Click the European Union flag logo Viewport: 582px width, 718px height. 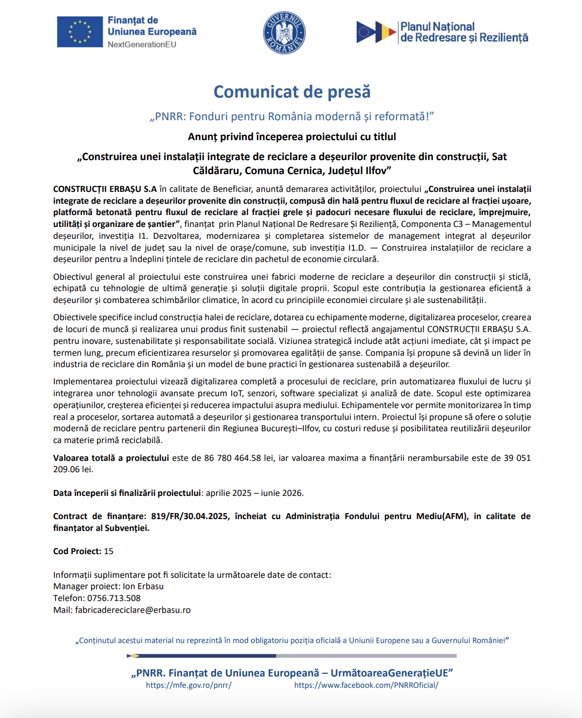tap(80, 32)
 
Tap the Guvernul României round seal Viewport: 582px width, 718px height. tap(284, 33)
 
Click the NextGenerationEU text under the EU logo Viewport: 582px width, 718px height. tap(142, 45)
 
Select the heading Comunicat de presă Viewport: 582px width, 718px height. tap(292, 92)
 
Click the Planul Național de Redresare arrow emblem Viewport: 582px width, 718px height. tap(376, 32)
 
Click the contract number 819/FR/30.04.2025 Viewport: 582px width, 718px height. tap(189, 516)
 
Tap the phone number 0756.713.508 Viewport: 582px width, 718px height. tap(114, 598)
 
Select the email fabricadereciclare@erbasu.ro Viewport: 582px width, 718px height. tap(133, 610)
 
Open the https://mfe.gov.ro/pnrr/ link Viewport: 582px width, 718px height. tap(189, 685)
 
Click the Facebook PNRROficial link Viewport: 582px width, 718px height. tap(366, 685)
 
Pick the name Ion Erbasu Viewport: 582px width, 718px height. tap(143, 586)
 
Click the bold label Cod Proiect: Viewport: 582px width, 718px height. tap(77, 551)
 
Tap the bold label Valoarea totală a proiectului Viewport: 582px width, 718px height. tap(111, 458)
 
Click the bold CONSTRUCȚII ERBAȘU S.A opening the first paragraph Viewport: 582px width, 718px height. tap(105, 189)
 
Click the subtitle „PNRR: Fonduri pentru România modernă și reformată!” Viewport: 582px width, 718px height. tap(292, 116)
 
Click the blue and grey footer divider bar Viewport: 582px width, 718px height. tap(292, 656)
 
